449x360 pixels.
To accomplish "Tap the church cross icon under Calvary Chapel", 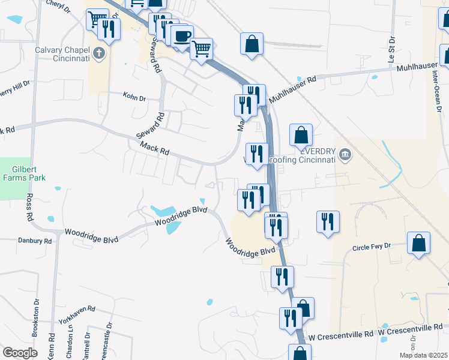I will tap(100, 54).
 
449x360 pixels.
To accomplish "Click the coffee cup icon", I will tap(182, 35).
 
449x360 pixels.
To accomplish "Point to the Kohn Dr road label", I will tap(134, 95).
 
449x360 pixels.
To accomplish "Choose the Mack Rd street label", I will tap(154, 148).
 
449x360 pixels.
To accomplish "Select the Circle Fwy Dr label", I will tap(372, 247).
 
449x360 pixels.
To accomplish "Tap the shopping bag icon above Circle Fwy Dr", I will tap(418, 244).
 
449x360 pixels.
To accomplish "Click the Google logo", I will tap(19, 353).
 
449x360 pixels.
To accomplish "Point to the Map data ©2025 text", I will tap(423, 355).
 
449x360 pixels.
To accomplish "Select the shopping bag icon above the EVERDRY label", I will tap(301, 135).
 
